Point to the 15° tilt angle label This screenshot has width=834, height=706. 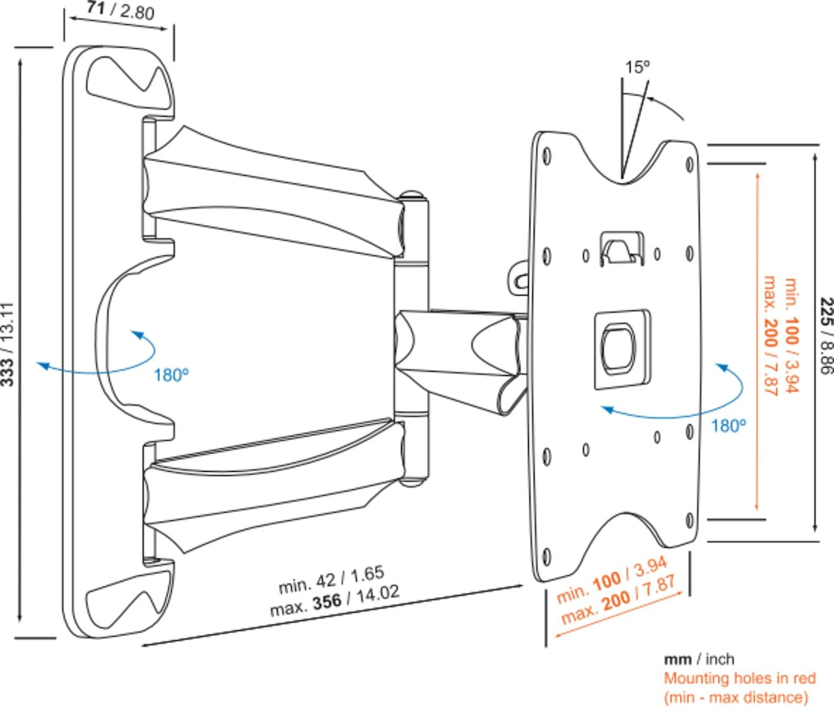click(638, 68)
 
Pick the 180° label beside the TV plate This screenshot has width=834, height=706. click(728, 425)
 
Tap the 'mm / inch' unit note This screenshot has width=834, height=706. click(699, 659)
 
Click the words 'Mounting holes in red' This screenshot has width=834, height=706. click(739, 678)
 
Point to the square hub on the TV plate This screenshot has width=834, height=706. click(621, 348)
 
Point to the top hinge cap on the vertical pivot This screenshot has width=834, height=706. click(411, 198)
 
